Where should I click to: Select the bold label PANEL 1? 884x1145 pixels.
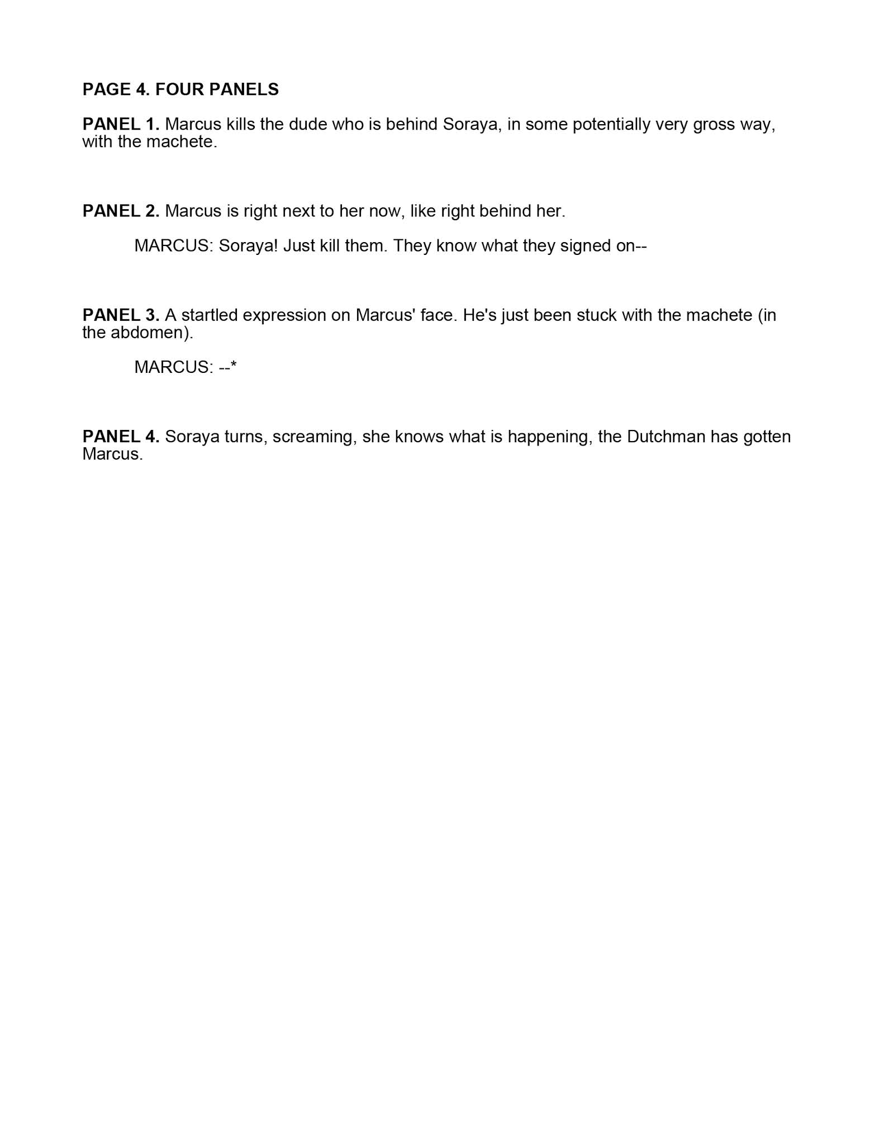(x=121, y=124)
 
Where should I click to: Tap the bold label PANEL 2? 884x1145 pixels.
(x=121, y=211)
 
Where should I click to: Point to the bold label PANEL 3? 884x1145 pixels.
(x=121, y=315)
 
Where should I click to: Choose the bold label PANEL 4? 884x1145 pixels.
(x=121, y=437)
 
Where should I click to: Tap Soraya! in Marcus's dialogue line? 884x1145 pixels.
(x=248, y=246)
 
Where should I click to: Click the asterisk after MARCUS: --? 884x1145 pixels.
(x=234, y=366)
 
